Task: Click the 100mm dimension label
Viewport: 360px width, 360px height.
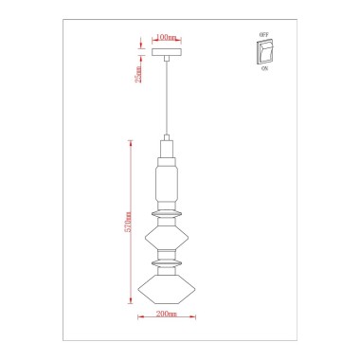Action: click(x=166, y=37)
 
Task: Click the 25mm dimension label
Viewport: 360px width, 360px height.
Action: click(x=138, y=74)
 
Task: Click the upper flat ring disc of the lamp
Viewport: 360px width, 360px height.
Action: click(x=168, y=214)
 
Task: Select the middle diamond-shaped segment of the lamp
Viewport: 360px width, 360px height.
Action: click(x=168, y=233)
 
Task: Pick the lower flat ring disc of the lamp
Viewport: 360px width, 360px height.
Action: click(x=168, y=261)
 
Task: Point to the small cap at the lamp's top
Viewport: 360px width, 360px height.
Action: click(x=168, y=148)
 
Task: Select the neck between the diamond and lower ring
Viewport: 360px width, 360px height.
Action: click(x=168, y=252)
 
